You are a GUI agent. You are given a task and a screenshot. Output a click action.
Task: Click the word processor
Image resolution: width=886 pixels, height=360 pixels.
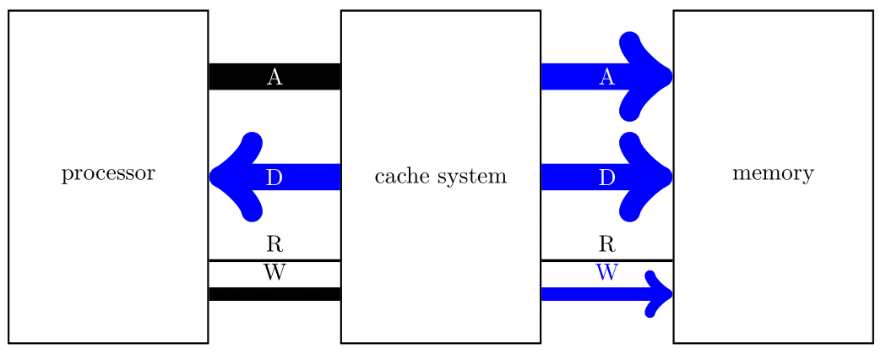[x=108, y=174]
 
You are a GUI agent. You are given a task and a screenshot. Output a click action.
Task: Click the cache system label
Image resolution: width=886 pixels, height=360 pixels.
[x=440, y=177]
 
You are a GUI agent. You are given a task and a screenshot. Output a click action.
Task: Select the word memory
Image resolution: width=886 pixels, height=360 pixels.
[x=773, y=174]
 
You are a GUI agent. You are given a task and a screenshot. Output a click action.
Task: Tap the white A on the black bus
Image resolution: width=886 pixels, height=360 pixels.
[x=274, y=77]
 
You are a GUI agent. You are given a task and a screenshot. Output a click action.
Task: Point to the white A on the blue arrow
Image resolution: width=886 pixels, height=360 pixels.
[x=606, y=77]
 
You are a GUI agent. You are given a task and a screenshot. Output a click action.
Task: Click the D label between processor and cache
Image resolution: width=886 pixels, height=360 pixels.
[x=274, y=177]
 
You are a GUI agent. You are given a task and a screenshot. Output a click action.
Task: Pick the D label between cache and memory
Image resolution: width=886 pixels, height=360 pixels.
[x=606, y=177]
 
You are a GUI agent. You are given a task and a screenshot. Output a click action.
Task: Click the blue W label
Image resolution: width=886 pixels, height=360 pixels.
[x=606, y=273]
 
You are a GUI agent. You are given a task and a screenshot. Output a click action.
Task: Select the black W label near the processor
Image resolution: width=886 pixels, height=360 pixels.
[x=274, y=273]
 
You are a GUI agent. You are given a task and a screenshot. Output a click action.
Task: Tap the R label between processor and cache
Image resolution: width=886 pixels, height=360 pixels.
[x=274, y=245]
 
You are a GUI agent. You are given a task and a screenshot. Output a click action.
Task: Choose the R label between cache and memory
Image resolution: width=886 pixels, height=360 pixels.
[x=606, y=245]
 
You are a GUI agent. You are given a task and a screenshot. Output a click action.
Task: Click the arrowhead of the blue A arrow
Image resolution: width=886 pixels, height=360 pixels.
[x=650, y=76]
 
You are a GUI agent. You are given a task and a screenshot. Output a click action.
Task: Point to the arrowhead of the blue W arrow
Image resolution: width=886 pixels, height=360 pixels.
[x=660, y=294]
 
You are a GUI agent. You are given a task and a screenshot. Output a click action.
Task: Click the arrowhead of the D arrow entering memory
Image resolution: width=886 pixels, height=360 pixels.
[x=650, y=177]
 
